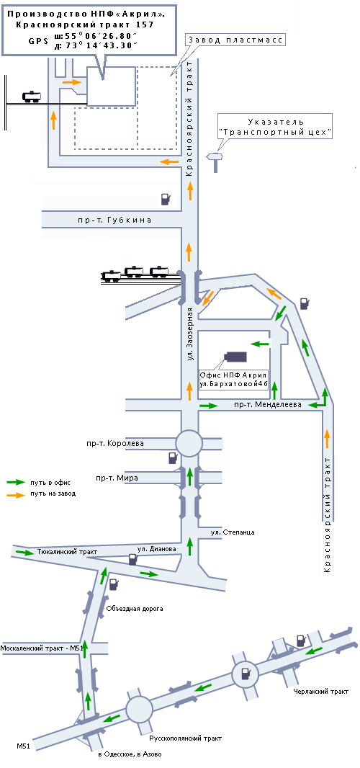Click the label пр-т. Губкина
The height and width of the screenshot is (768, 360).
tap(114, 220)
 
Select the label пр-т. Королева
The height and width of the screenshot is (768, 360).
tap(120, 444)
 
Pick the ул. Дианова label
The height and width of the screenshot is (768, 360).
tap(156, 549)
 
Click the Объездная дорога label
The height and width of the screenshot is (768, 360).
tap(134, 609)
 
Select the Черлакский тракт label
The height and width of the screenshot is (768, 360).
tap(321, 692)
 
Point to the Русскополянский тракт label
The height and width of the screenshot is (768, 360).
tap(186, 738)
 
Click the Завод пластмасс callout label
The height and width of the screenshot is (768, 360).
tap(235, 40)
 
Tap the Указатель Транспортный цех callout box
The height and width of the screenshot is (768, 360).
tap(276, 126)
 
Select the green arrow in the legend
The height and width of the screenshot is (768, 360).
tap(16, 483)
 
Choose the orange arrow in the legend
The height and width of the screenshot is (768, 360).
tap(16, 495)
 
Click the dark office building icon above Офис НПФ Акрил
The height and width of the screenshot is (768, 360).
tap(235, 357)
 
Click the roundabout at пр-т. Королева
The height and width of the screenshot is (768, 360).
tap(189, 443)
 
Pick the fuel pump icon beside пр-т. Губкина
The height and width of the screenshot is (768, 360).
tap(166, 198)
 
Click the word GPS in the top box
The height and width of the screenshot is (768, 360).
tap(38, 41)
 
